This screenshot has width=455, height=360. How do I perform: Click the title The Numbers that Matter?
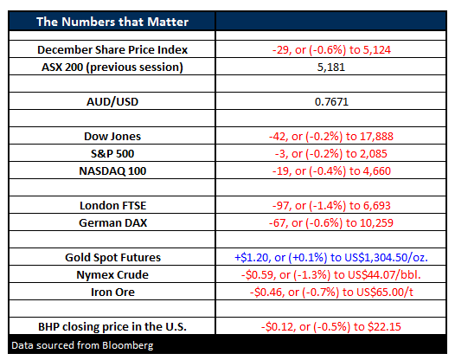[112, 22]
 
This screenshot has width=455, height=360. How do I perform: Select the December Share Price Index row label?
[112, 49]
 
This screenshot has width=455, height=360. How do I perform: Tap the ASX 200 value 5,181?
[331, 67]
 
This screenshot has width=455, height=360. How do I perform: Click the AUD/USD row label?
[112, 101]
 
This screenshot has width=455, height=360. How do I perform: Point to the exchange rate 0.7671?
[331, 101]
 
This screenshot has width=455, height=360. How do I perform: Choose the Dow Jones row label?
[112, 136]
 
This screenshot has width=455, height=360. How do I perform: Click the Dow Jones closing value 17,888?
[376, 136]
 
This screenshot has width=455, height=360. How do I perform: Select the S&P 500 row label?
[112, 153]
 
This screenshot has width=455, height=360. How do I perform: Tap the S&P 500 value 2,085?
[375, 153]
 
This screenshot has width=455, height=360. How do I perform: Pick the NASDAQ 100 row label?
[112, 171]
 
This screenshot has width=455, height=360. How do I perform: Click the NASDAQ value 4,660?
[377, 171]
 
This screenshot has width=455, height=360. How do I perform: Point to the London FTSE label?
[112, 206]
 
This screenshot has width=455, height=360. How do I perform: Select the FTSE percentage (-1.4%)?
[327, 206]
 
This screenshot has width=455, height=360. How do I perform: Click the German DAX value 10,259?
[376, 222]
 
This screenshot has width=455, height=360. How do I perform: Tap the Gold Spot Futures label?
[112, 258]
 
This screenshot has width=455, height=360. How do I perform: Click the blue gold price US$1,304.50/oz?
[386, 258]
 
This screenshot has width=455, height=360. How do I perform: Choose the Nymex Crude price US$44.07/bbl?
[384, 274]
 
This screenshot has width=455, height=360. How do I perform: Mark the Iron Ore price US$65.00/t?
[385, 292]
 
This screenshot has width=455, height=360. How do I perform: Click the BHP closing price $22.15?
[384, 326]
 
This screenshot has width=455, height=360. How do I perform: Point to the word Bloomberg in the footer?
[128, 345]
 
